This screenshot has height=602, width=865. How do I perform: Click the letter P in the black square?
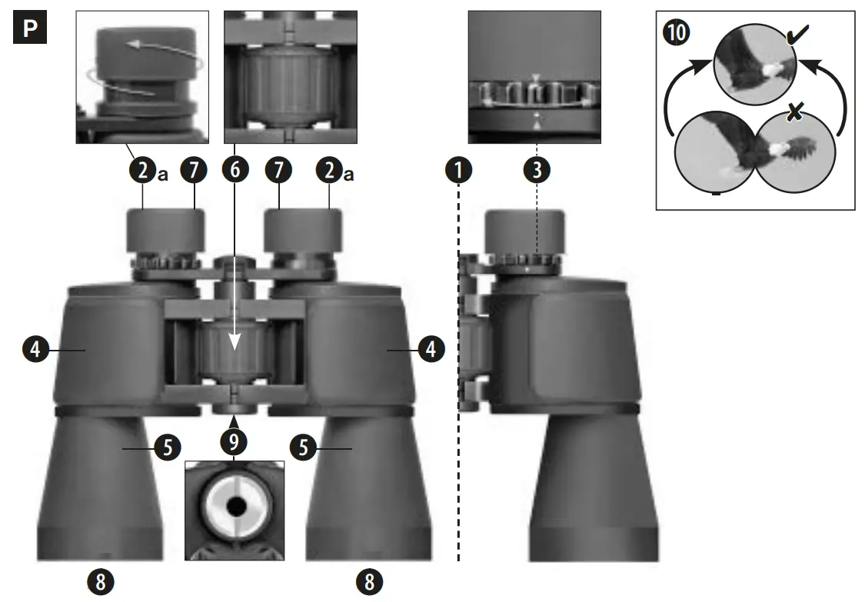click(x=30, y=29)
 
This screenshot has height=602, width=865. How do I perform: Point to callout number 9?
click(x=234, y=441)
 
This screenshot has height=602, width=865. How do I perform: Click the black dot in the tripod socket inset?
click(x=235, y=506)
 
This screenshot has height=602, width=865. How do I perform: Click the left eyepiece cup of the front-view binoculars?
click(x=166, y=229)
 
